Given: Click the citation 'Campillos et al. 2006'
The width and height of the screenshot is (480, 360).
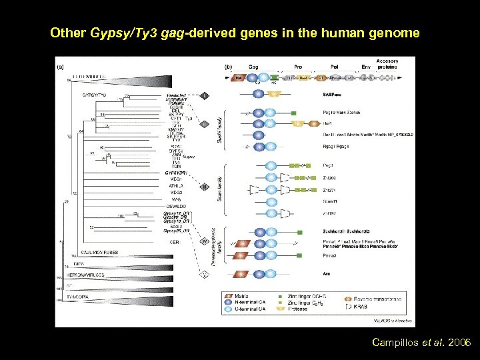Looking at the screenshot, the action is pyautogui.click(x=421, y=343).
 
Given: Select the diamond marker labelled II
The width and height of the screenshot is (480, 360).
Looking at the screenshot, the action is pyautogui.click(x=205, y=187).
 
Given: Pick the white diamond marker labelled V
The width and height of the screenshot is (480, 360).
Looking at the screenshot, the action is pyautogui.click(x=205, y=273).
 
